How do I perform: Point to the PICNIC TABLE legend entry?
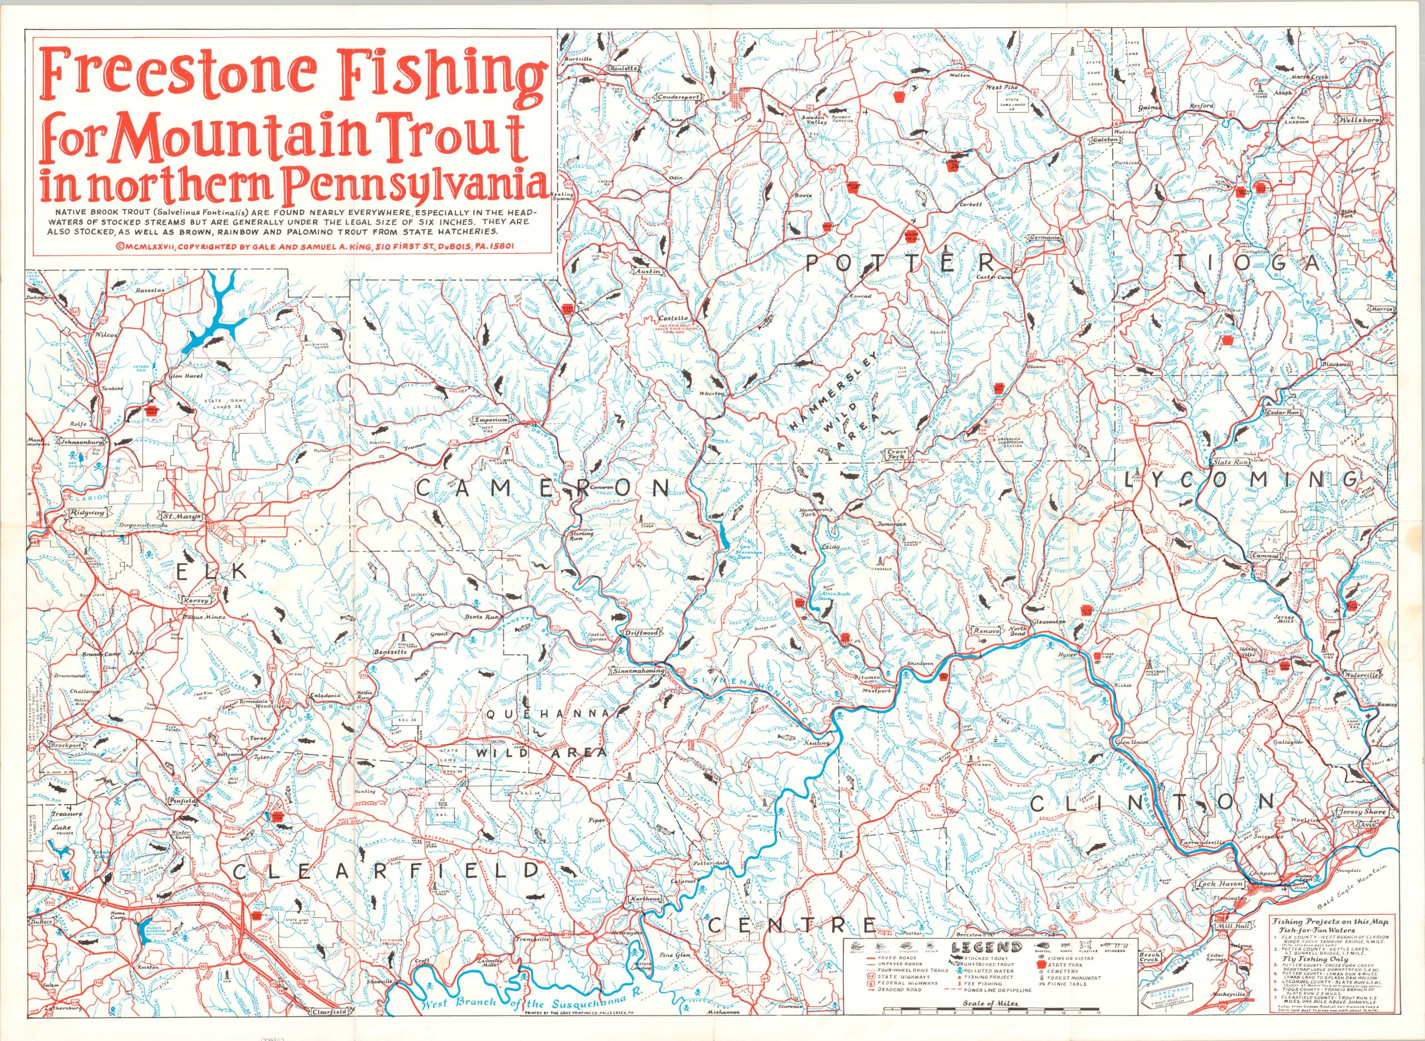coord(1065,1001)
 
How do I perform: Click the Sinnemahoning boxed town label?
coord(638,672)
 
